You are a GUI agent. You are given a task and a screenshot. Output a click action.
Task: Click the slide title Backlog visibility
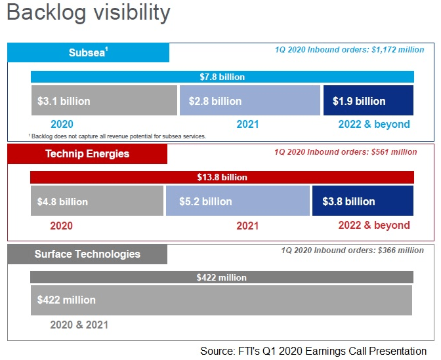pos(89,12)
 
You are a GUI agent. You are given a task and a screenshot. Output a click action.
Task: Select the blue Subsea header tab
pos(89,52)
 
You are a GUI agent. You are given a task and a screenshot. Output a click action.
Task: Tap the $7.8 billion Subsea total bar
pos(222,77)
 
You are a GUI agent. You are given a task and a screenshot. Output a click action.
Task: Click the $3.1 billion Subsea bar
pos(104,100)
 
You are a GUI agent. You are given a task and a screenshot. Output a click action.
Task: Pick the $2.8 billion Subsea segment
pos(250,100)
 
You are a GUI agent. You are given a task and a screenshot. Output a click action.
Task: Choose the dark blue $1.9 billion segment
pos(368,100)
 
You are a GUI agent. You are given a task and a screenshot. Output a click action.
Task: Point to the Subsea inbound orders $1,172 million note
pos(349,50)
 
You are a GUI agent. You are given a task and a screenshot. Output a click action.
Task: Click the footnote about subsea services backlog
pos(117,136)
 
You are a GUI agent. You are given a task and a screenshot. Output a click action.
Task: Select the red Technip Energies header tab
pos(87,153)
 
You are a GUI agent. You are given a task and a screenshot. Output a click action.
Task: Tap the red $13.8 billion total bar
pos(222,177)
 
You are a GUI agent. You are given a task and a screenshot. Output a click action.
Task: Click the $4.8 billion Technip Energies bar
pos(97,201)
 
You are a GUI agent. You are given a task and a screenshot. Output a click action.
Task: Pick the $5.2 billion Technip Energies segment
pos(238,201)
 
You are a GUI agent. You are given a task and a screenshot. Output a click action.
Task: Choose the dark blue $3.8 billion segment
pos(363,201)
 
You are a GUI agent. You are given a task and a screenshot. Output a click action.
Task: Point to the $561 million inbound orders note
pos(346,152)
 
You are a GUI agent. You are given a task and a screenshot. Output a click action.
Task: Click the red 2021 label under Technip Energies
pos(247,226)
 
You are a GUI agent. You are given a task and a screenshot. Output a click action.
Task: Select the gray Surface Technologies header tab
pos(87,254)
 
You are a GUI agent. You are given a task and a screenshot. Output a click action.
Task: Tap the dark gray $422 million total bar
pos(222,277)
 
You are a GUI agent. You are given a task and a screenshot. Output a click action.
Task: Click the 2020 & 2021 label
pos(79,325)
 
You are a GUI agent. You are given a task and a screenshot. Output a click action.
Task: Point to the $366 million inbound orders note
pos(352,250)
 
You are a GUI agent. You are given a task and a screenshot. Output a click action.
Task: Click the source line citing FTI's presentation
pos(313,351)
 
